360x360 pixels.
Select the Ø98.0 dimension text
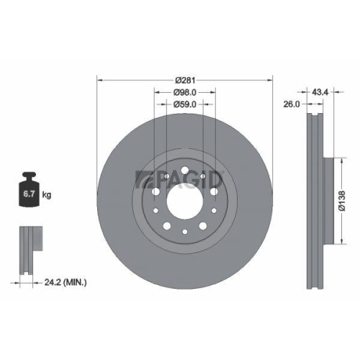185,91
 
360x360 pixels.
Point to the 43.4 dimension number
320,91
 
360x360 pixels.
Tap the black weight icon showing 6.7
29,192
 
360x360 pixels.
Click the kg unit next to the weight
47,195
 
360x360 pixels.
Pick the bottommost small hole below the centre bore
185,231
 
